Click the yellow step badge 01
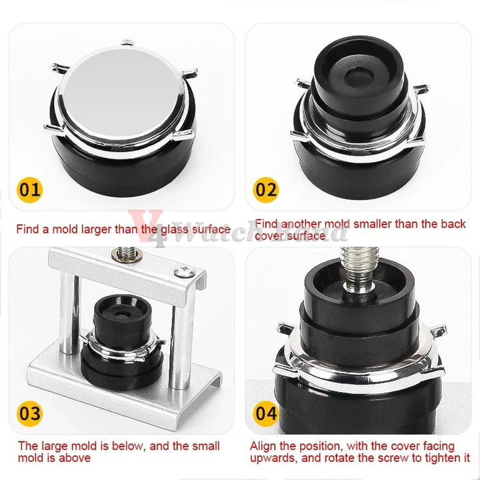click(29, 189)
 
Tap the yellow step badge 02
click(266, 189)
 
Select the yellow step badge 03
click(29, 413)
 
